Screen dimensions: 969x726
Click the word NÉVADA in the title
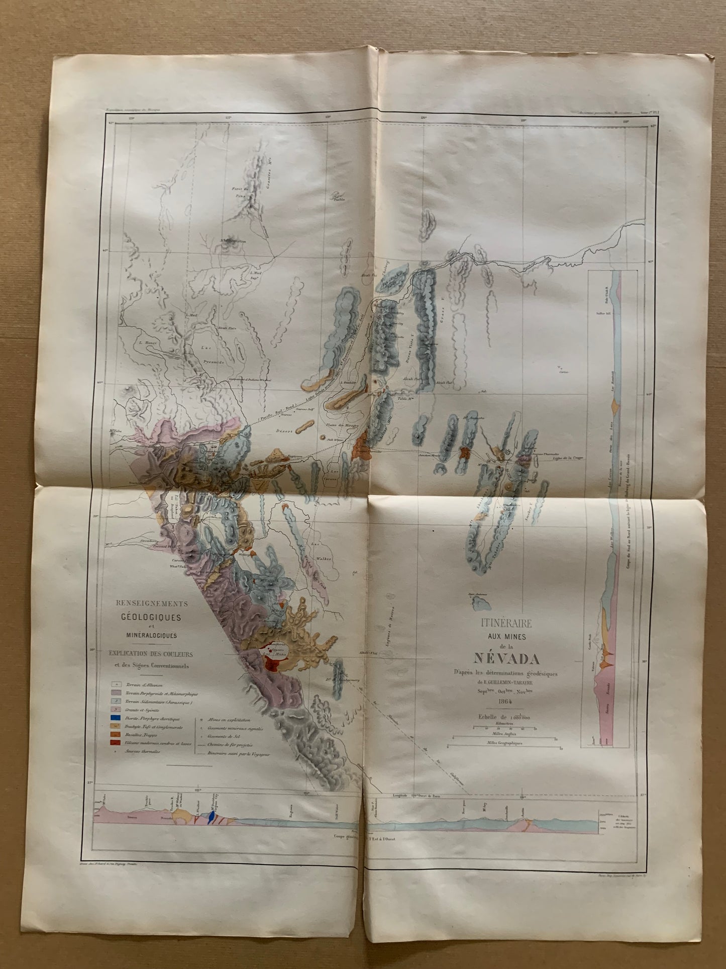tap(504, 658)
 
